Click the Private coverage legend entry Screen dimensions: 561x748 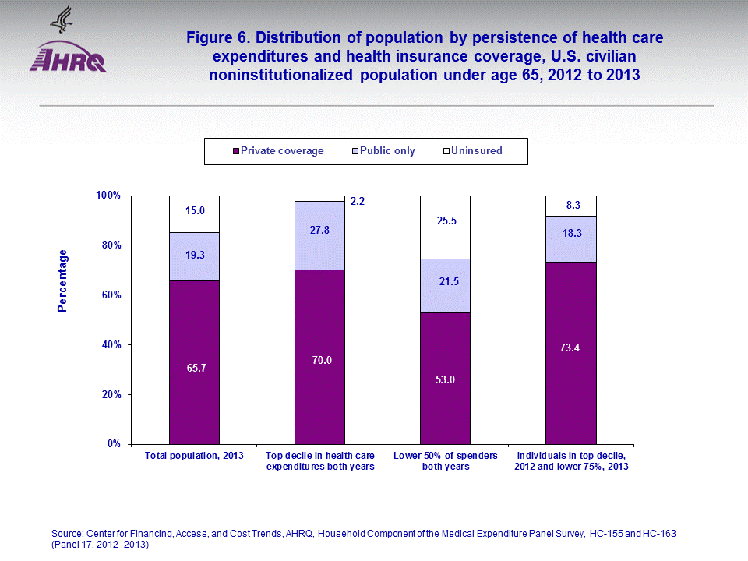click(279, 151)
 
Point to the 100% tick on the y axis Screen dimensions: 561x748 click(110, 196)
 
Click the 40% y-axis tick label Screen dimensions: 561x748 click(112, 344)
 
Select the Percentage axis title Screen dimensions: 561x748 click(63, 280)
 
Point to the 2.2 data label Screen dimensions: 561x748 click(358, 201)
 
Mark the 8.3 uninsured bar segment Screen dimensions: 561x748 click(570, 206)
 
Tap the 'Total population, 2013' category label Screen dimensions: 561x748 click(195, 455)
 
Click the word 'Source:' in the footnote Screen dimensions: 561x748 click(66, 533)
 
